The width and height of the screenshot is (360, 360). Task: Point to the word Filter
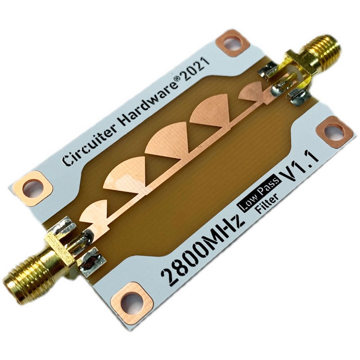267,203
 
